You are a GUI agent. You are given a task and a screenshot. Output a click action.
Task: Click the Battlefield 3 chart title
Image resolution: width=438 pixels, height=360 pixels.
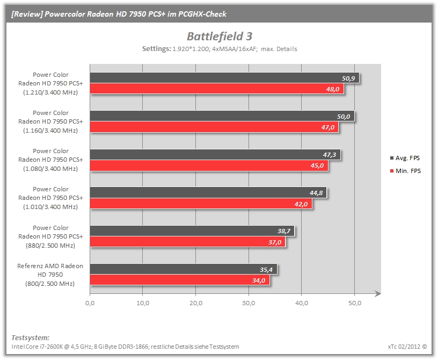[220, 37]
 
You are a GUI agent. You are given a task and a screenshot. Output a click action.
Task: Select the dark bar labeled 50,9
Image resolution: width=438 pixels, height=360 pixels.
[224, 78]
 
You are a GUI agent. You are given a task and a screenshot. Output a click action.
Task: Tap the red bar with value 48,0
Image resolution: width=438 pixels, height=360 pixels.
[217, 89]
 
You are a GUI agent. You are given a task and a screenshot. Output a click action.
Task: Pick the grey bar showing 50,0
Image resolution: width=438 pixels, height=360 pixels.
[222, 116]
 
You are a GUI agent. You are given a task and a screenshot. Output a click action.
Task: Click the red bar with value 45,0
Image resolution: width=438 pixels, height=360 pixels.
[209, 165]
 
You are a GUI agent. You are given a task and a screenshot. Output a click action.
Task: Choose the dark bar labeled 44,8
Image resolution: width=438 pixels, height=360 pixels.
[208, 193]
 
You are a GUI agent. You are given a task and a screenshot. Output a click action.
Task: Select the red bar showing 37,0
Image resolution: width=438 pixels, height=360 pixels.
[188, 242]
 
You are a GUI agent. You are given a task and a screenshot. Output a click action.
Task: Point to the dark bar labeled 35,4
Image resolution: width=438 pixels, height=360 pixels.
[184, 269]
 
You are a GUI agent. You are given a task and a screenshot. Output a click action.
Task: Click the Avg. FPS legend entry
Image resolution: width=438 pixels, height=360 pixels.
[405, 158]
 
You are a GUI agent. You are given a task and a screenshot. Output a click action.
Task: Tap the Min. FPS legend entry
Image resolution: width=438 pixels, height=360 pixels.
[405, 171]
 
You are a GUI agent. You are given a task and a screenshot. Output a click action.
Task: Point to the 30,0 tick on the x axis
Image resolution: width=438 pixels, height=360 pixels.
[249, 303]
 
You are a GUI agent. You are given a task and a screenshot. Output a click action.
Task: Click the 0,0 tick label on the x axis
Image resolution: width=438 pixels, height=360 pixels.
[90, 303]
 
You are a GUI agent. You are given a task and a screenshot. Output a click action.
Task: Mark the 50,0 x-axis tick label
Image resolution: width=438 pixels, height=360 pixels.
[354, 303]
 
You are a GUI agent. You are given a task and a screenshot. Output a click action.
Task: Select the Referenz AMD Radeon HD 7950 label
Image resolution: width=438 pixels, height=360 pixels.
[50, 275]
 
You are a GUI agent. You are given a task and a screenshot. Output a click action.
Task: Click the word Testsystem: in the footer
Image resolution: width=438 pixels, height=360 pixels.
[31, 337]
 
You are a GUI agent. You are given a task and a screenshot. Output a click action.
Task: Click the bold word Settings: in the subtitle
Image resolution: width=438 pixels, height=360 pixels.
[156, 49]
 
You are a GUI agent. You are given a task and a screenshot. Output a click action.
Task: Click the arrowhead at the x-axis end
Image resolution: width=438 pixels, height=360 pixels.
[378, 294]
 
